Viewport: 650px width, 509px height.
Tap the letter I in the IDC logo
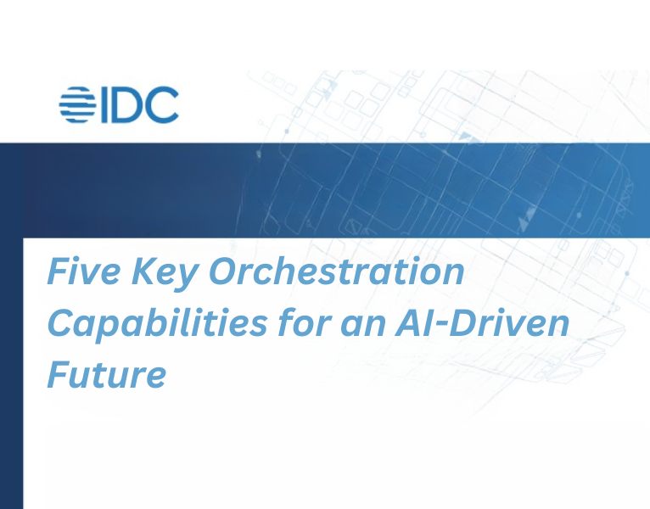coord(105,106)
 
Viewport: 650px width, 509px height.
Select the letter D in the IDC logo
coord(127,106)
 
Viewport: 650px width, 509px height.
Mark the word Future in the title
coord(106,374)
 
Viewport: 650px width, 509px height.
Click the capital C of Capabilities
coord(60,323)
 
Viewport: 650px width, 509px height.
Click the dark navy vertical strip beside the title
coord(11,373)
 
